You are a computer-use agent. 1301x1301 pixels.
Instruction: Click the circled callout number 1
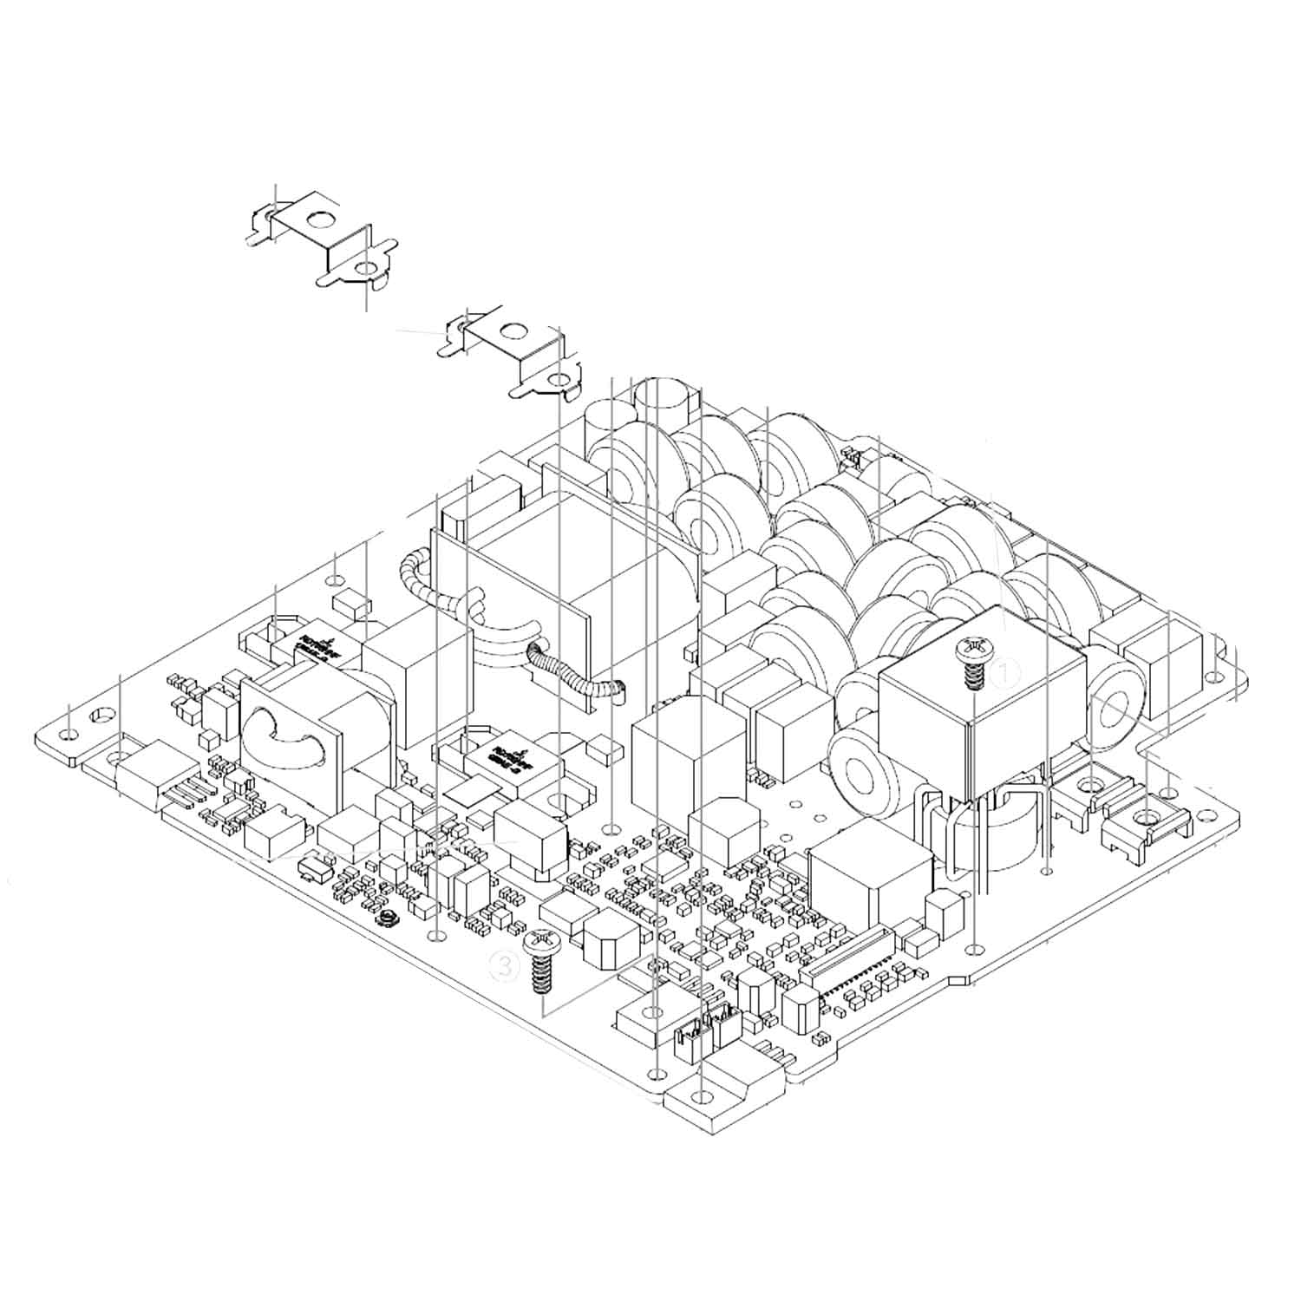(1005, 672)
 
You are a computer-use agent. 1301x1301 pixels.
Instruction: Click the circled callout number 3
(506, 965)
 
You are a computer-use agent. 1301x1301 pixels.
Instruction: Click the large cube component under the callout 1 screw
(980, 720)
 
